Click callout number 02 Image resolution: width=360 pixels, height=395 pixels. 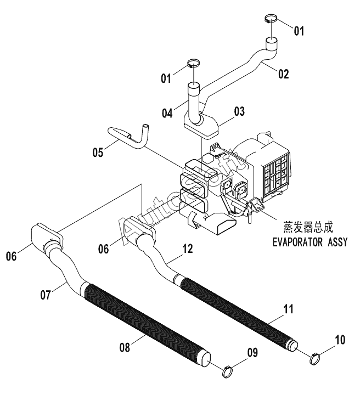coord(283,74)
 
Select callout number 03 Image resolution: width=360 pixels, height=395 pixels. coord(239,111)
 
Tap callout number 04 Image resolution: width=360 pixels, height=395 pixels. coord(167,113)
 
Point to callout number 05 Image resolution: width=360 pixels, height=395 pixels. coord(98,153)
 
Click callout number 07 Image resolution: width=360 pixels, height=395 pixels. coord(46,295)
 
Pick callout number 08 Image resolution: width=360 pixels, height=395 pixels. coord(125,347)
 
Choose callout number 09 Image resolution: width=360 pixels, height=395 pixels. coord(252,353)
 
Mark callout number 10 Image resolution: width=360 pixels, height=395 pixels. coord(340,340)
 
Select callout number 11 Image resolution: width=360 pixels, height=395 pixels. coord(289,309)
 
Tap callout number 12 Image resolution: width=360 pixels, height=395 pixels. coord(188,249)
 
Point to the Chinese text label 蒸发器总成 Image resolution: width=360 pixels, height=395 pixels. coord(308,227)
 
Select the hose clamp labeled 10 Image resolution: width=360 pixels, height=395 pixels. coord(315,359)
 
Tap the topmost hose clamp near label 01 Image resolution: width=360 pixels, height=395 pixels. coord(271,19)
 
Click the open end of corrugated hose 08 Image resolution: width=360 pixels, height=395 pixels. coord(205,359)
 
